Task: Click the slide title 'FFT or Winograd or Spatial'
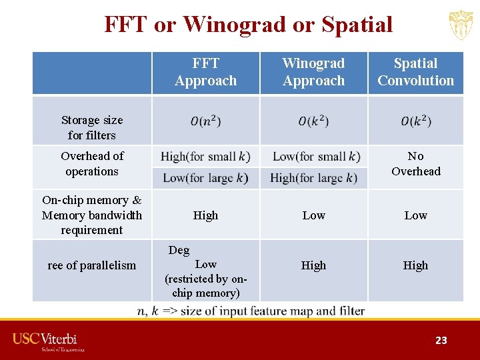248,24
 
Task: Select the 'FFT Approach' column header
205,72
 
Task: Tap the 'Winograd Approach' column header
313,72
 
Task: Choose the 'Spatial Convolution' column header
415,72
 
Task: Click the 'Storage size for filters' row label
92,127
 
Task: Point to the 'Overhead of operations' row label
92,163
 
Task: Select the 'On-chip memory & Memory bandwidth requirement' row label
92,215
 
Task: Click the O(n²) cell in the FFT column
205,121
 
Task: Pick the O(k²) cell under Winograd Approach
313,121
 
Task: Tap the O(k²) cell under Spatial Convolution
415,121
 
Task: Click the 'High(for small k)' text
205,157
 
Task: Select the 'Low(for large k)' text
205,178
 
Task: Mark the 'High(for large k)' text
313,178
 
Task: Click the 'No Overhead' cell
415,163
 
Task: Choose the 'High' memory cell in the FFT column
205,215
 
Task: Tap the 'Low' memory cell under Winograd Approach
313,215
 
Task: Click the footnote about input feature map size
251,311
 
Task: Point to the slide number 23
441,340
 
